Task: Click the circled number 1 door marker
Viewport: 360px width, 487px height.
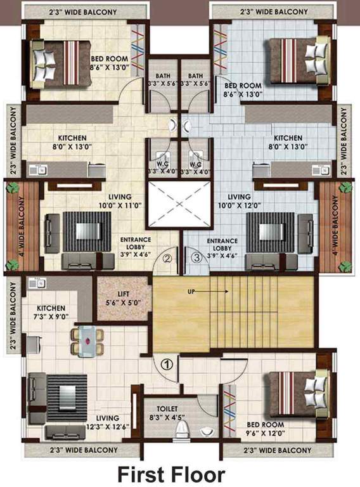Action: coord(167,365)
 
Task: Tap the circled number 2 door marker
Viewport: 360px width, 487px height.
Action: coord(167,258)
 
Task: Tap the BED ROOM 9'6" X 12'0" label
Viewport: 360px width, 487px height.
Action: coord(266,429)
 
